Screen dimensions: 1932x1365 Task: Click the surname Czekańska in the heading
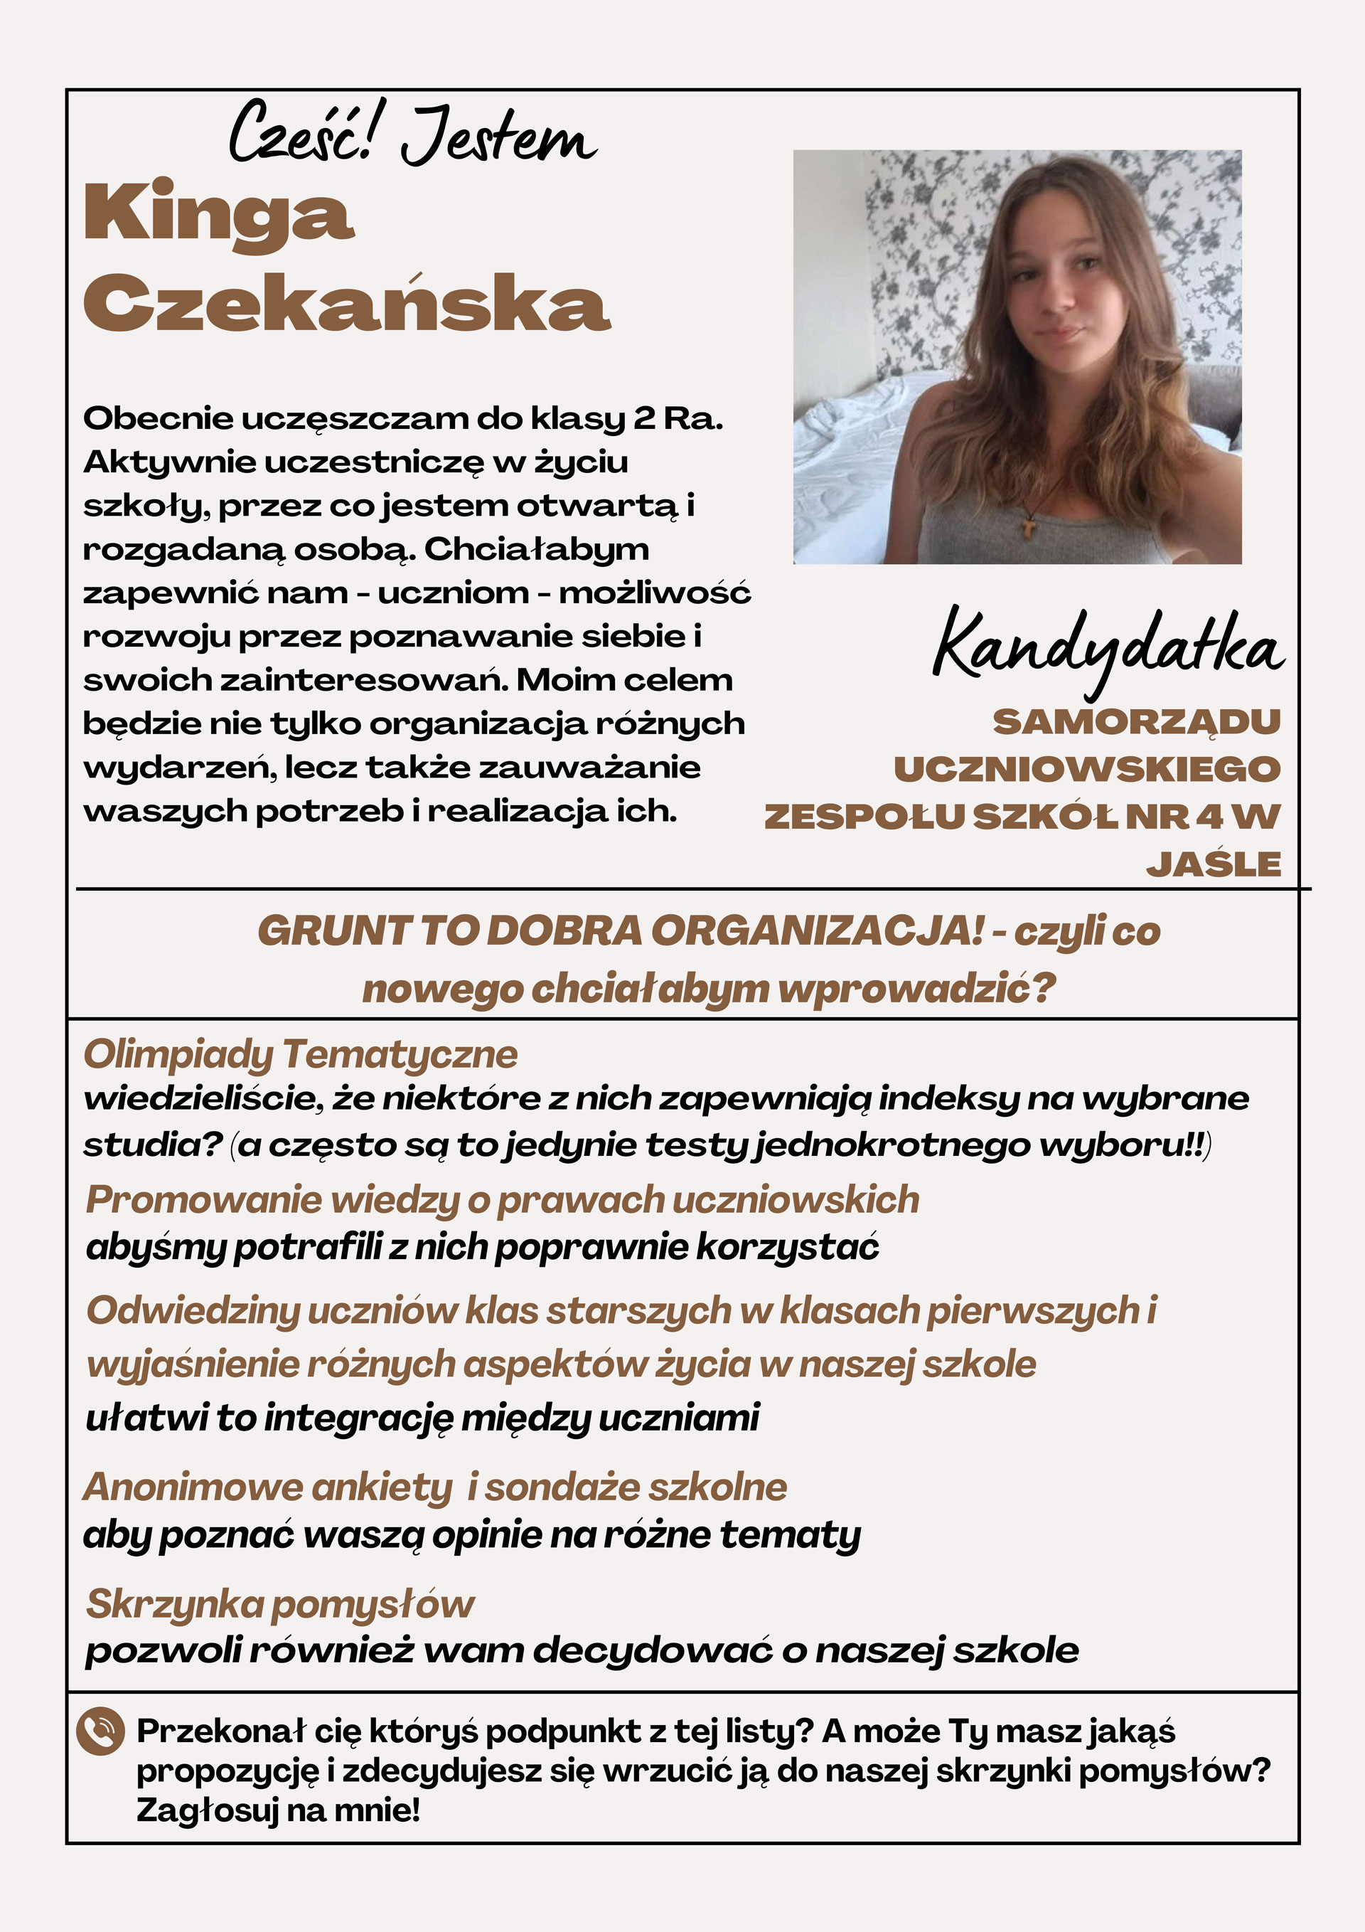click(346, 302)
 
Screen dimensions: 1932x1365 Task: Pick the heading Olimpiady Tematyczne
click(300, 1053)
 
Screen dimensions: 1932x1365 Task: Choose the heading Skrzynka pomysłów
click(280, 1604)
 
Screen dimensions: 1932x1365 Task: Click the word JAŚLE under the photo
click(1213, 864)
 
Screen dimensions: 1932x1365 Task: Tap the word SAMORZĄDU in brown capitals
click(1136, 722)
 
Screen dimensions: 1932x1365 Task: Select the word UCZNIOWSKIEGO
click(1086, 769)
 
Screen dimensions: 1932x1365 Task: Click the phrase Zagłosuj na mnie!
click(277, 1809)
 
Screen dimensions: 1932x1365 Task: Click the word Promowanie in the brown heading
click(203, 1200)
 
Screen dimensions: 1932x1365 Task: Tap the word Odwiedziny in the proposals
click(193, 1310)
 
